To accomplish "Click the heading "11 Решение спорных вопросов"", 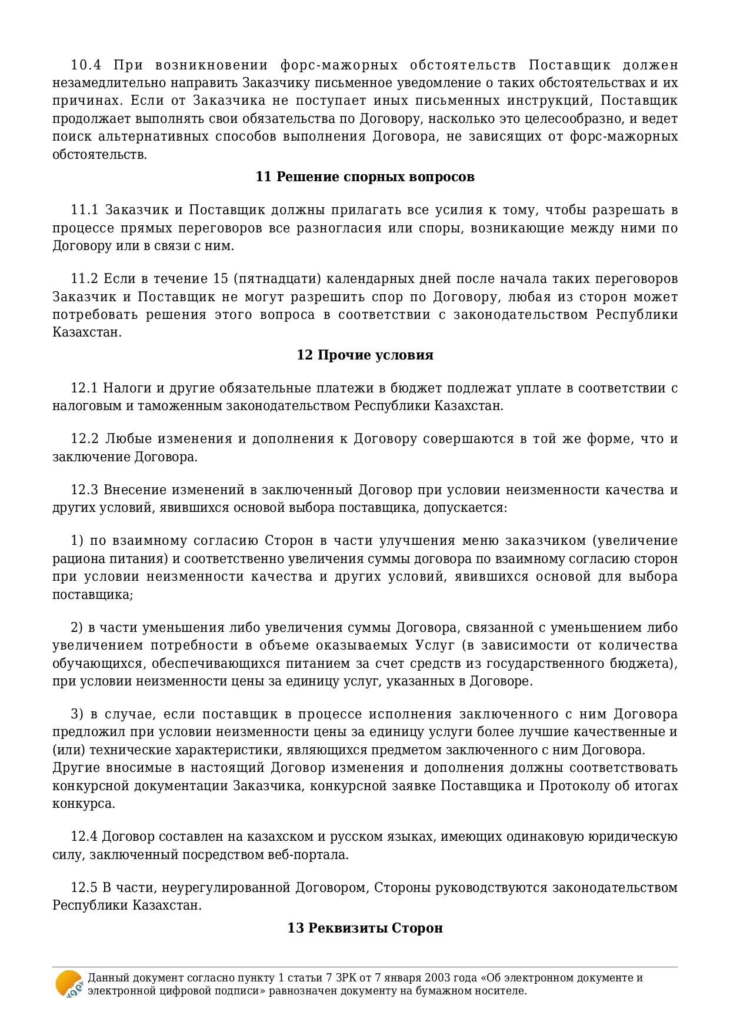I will tap(365, 177).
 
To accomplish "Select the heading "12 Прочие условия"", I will tap(365, 355).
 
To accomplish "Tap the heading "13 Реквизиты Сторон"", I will tap(365, 928).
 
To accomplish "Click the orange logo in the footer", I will tap(68, 984).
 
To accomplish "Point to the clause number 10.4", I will tap(86, 65).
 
